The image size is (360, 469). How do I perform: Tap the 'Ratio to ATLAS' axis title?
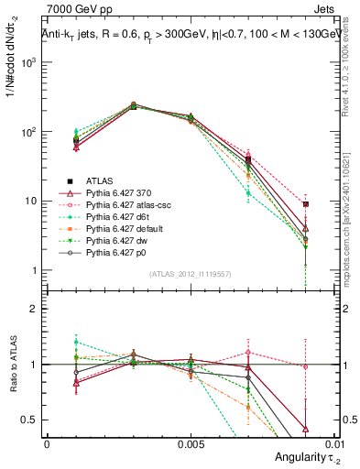(x=11, y=365)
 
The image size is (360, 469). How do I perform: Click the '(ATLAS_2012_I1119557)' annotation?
(x=189, y=274)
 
